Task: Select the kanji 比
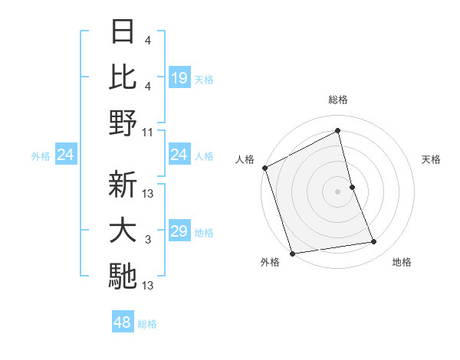coord(123,77)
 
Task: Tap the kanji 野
coord(123,123)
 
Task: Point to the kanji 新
coord(123,185)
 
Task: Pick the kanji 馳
coord(123,277)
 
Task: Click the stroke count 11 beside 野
coord(148,132)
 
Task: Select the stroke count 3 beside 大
coord(148,241)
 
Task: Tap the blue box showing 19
coord(179,77)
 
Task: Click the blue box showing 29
coord(179,231)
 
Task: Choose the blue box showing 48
coord(123,322)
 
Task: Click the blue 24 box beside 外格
coord(66,155)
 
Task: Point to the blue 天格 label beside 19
coord(204,79)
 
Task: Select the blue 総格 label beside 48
coord(147,324)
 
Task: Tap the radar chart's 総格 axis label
coord(338,100)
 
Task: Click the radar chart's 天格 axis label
coord(432,159)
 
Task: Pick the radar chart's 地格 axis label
coord(402,263)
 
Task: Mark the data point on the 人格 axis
coord(264,168)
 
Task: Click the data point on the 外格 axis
coord(292,254)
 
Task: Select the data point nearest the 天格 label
coord(352,187)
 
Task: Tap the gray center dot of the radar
coord(338,191)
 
